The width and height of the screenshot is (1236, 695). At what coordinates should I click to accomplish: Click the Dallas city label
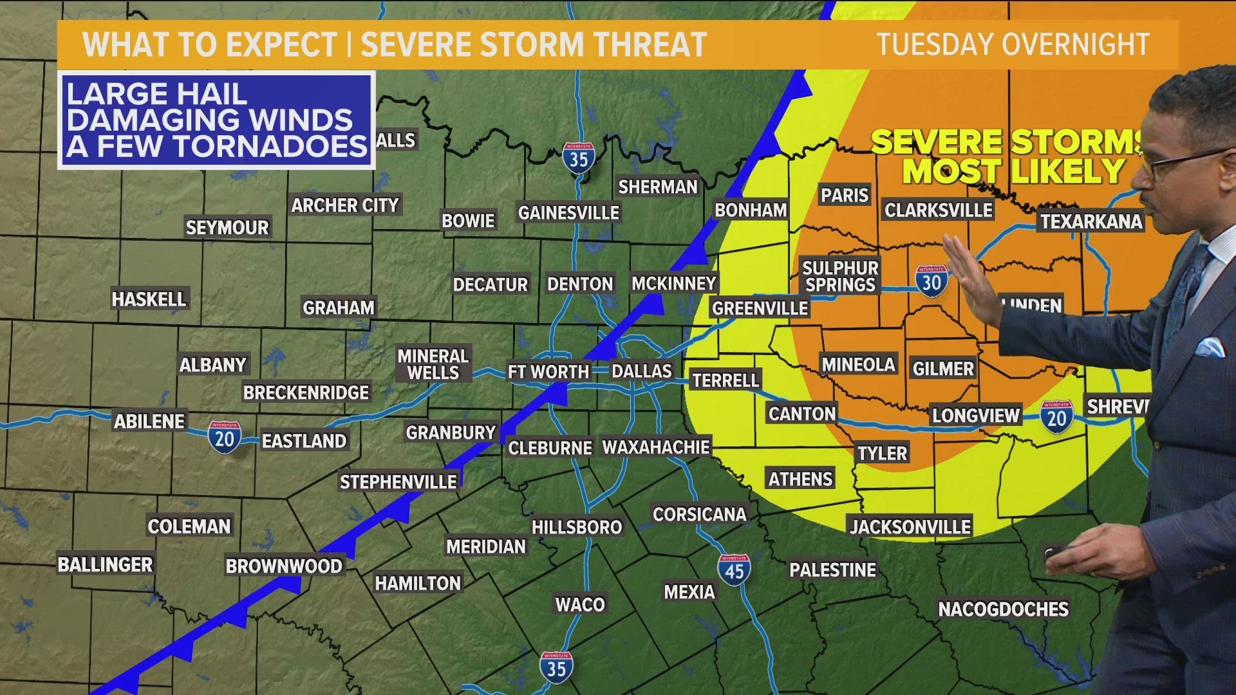click(641, 371)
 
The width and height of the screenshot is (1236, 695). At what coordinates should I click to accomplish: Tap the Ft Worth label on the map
click(548, 372)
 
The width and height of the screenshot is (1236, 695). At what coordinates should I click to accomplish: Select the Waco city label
click(580, 604)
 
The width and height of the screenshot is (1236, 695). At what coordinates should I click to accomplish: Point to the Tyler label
click(882, 453)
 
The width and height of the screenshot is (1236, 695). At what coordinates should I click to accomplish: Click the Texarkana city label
click(1091, 221)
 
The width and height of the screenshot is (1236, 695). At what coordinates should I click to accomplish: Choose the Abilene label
click(149, 422)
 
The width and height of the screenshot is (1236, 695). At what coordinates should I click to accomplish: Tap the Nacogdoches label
click(1003, 609)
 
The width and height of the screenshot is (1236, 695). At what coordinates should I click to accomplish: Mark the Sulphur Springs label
click(840, 276)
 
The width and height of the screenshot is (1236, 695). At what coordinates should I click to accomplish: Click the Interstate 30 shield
click(932, 281)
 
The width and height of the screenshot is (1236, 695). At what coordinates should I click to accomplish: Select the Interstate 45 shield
click(734, 570)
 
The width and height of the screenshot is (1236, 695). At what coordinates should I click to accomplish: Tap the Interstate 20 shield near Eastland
click(224, 438)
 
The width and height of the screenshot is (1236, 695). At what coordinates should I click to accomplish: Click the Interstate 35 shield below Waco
click(556, 668)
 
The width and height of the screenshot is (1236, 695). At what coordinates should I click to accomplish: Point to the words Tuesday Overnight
click(1013, 44)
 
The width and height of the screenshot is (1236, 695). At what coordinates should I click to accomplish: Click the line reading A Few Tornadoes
click(216, 147)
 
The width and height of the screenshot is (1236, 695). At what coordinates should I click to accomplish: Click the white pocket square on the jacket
click(1210, 347)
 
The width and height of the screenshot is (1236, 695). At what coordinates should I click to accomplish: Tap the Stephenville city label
click(398, 482)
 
